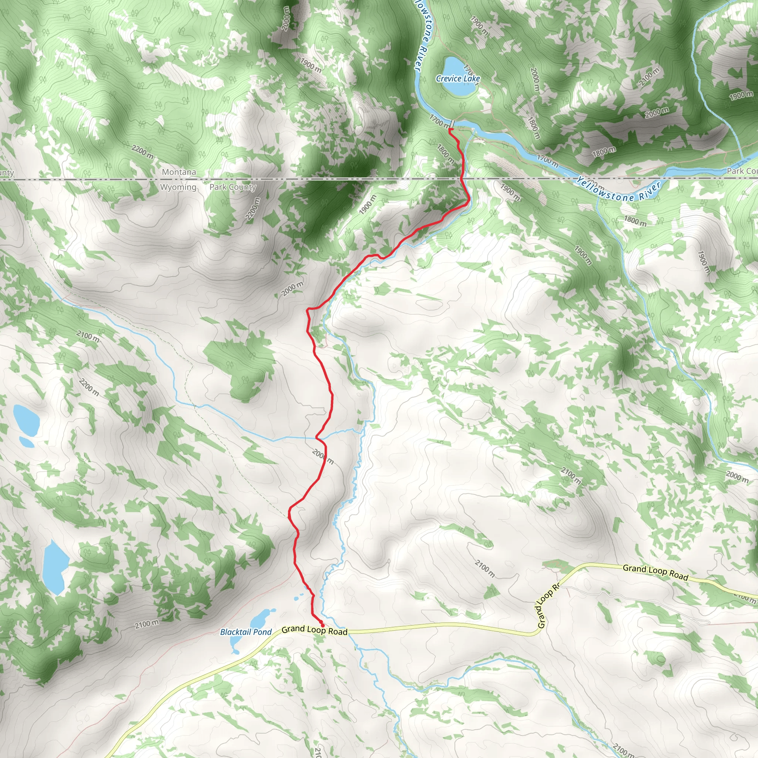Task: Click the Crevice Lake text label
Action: (458, 78)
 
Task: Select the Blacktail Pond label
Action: (246, 632)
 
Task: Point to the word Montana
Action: (179, 172)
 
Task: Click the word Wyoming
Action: (178, 187)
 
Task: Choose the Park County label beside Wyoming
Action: (233, 187)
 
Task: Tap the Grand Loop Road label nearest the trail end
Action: (314, 630)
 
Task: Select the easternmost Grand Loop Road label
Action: (655, 572)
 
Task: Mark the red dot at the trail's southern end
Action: (322, 625)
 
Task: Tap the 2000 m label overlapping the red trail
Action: (323, 457)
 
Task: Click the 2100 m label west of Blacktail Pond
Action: (147, 624)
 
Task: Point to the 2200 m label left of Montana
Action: (142, 151)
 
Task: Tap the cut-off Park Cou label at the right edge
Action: (741, 171)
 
